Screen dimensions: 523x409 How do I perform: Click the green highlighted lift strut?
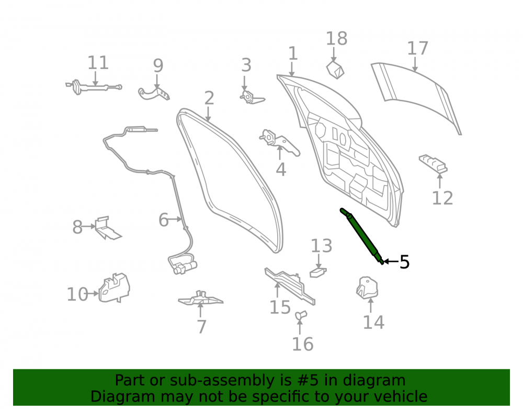[x=362, y=236]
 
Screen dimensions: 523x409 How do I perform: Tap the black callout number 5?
[x=404, y=262]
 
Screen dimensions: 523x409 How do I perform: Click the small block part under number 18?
[x=335, y=70]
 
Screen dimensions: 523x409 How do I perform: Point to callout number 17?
[x=417, y=48]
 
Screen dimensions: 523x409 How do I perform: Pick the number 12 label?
[x=442, y=198]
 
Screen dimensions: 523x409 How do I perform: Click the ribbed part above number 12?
[x=433, y=163]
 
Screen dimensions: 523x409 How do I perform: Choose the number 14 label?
[x=373, y=322]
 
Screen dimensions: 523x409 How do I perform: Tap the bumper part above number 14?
[x=367, y=288]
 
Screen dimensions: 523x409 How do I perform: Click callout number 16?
[x=303, y=344]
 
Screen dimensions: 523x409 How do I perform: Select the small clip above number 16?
[x=301, y=315]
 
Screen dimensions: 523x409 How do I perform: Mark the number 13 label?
[x=322, y=246]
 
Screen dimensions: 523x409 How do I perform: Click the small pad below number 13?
[x=318, y=272]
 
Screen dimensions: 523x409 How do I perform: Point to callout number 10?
[x=77, y=294]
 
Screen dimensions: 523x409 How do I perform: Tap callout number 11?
[x=98, y=63]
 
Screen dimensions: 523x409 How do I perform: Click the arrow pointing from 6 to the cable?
[x=175, y=219]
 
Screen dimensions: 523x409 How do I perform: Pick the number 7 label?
[x=201, y=327]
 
